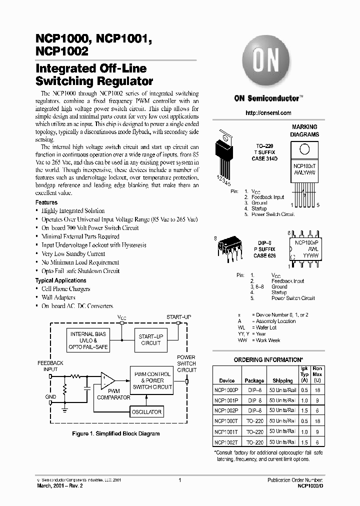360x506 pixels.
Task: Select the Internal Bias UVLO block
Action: (x=88, y=340)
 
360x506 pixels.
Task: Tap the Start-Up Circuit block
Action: (x=150, y=340)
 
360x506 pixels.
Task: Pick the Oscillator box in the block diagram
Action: (x=146, y=412)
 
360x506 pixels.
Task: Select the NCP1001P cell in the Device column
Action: (x=226, y=400)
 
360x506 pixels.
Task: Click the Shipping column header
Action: (x=283, y=380)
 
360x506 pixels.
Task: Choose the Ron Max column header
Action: (x=317, y=374)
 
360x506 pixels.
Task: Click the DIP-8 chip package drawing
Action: (x=228, y=248)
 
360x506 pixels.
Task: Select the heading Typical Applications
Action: (x=60, y=280)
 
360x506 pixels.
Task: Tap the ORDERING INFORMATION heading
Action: (x=268, y=360)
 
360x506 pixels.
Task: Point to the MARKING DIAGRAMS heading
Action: (x=305, y=131)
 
